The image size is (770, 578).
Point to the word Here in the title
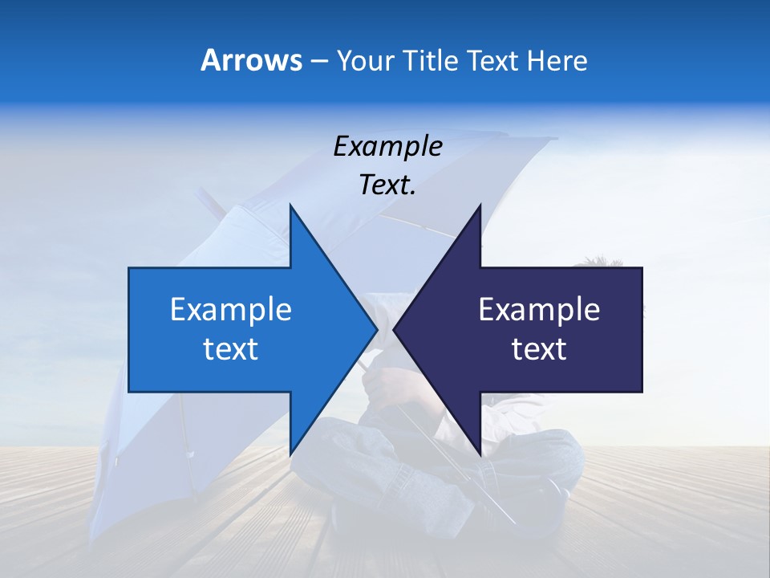[x=557, y=60]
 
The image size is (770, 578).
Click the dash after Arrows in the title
[x=318, y=61]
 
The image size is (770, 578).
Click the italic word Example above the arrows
[x=387, y=147]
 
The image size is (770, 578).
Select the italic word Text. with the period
[x=387, y=185]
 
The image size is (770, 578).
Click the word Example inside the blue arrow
[x=230, y=310]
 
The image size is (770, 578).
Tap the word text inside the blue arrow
[x=230, y=349]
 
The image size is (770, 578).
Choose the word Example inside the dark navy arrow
[x=539, y=310]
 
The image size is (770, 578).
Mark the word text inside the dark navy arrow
[x=539, y=349]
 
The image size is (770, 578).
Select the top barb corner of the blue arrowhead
[x=290, y=206]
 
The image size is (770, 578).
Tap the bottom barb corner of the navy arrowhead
[x=480, y=453]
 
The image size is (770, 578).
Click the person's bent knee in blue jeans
[x=553, y=450]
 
